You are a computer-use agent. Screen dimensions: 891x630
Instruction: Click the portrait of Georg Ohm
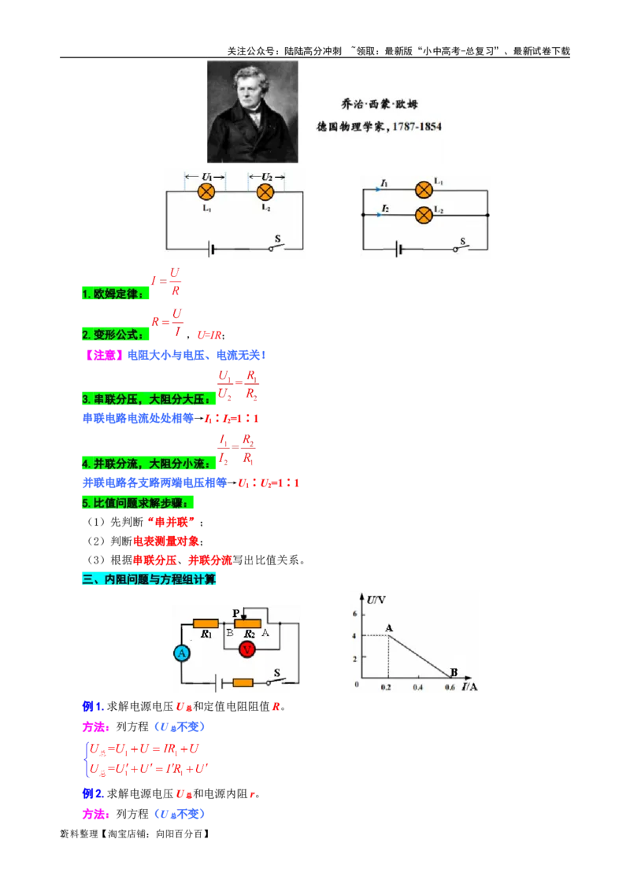250,111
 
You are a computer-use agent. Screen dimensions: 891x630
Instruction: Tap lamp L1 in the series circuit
206,191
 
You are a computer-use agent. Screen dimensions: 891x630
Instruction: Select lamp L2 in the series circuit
266,191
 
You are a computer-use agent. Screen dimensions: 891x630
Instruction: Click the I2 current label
384,209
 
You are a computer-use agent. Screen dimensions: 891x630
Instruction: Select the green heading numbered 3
148,400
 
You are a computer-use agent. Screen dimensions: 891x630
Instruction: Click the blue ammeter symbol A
182,653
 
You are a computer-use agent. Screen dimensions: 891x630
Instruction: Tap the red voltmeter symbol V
247,649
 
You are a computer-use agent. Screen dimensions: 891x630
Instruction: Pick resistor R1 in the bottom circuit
207,623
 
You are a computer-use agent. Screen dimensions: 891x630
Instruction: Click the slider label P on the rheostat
235,612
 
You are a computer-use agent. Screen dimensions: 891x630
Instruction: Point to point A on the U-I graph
389,628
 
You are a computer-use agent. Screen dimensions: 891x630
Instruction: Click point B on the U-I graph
453,672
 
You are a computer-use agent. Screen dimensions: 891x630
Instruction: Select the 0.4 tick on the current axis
417,687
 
